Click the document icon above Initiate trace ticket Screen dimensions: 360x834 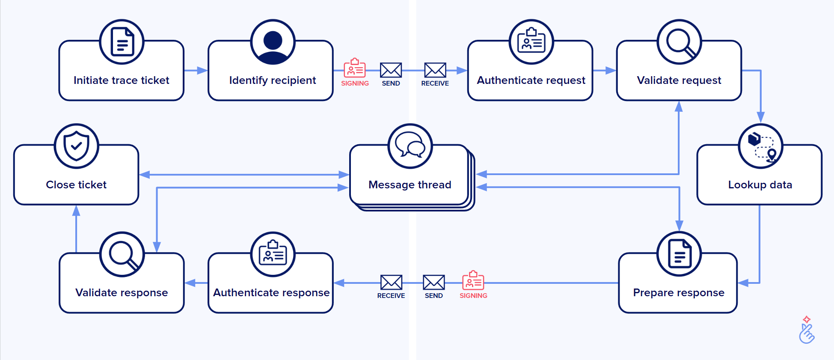coord(122,42)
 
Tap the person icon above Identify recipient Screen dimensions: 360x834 coord(273,42)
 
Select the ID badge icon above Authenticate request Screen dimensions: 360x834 coord(531,42)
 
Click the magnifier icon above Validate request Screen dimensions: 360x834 coord(680,42)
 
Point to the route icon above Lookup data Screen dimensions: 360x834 coord(760,146)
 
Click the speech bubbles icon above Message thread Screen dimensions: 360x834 coord(410,146)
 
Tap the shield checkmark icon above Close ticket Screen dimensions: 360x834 coord(77,146)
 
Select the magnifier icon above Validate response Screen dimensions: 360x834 coord(122,254)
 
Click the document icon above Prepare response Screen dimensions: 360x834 coord(679,254)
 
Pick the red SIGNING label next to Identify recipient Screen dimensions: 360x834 coord(355,83)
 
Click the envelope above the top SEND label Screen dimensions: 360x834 coord(391,70)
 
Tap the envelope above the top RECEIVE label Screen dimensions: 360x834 coord(435,70)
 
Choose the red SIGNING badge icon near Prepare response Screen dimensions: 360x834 coord(473,280)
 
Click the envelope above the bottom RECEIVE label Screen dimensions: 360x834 coord(391,283)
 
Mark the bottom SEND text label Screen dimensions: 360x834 coord(433,296)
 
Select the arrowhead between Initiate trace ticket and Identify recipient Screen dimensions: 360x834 coord(202,71)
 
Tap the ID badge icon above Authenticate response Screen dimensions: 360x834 coord(273,254)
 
